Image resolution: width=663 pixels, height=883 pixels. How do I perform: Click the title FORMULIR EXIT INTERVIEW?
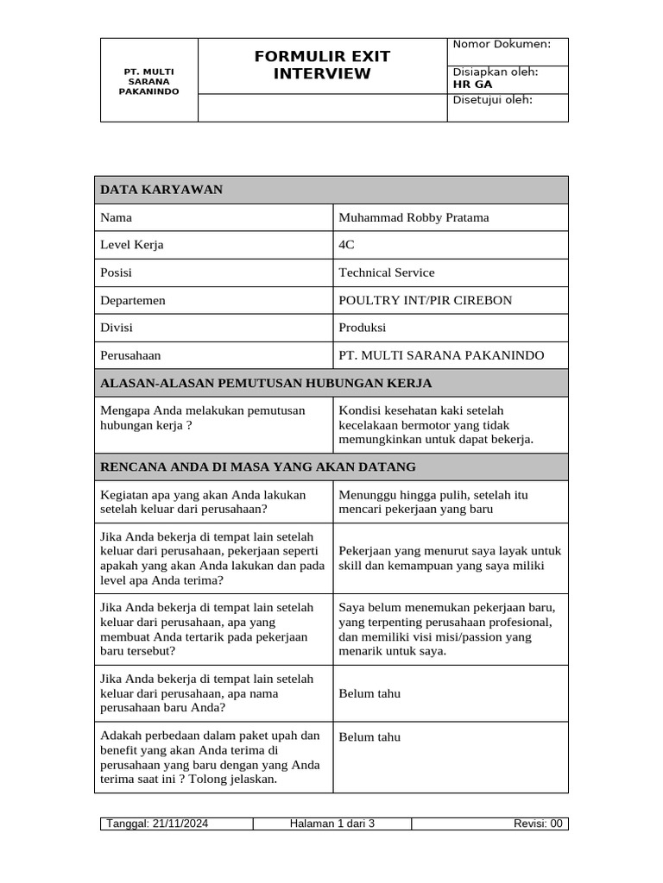322,65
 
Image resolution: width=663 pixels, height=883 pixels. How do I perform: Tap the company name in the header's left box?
148,81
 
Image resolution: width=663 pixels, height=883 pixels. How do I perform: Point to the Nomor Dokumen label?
502,44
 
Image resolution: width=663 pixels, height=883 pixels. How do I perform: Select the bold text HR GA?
472,85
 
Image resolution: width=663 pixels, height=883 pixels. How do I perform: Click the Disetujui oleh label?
493,100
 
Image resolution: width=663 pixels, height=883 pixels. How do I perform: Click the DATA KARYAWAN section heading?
161,190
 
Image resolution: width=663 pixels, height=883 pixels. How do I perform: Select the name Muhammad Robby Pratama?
414,217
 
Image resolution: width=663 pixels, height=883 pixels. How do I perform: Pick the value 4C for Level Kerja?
347,245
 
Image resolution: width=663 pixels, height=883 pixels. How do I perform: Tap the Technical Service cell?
387,272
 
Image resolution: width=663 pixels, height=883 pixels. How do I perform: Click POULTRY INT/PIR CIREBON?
425,300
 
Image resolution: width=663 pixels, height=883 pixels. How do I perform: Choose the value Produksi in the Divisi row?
363,328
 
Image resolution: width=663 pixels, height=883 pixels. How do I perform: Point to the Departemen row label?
133,300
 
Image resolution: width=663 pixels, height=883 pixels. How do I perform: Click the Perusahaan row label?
130,355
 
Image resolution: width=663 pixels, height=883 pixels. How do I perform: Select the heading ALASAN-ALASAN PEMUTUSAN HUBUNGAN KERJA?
266,383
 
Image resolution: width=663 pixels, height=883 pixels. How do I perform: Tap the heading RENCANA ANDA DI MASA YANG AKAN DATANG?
258,467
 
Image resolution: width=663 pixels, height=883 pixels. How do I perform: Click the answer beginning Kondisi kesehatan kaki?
436,424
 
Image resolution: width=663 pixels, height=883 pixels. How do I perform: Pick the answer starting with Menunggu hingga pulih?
433,502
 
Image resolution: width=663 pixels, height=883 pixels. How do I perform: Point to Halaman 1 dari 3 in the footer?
332,824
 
